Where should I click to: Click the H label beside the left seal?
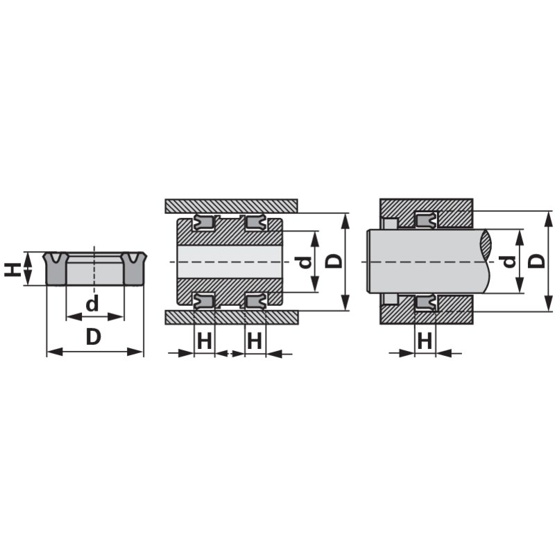[x=11, y=269]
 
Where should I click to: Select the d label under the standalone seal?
[x=92, y=303]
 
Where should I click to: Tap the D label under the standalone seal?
[x=94, y=336]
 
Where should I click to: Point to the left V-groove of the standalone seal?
[x=55, y=258]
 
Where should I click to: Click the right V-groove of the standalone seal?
[x=133, y=258]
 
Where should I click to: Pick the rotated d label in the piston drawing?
[x=304, y=262]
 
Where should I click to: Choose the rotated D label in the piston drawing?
[x=334, y=262]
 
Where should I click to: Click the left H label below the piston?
[x=204, y=341]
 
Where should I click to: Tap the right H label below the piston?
[x=255, y=341]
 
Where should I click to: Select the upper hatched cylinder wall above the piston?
[x=231, y=206]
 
